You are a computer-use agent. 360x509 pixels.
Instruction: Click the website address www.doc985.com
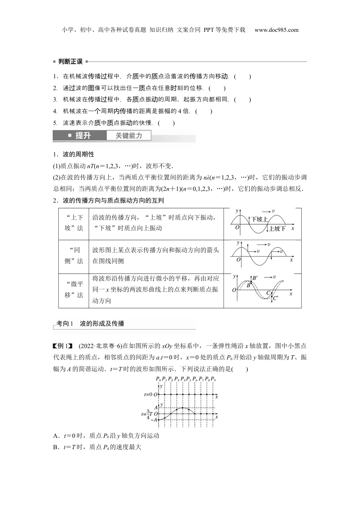[x=276, y=30]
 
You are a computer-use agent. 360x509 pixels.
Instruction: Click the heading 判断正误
[x=70, y=61]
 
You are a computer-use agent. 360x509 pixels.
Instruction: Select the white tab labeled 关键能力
[x=128, y=136]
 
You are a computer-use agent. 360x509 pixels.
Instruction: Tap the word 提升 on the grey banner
[x=83, y=136]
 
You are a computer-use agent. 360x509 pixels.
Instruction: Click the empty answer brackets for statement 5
[x=166, y=123]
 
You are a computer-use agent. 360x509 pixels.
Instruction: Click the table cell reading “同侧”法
[x=74, y=256]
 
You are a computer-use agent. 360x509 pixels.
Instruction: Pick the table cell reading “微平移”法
[x=74, y=290]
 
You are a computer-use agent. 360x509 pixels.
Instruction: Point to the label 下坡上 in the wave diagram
[x=260, y=219]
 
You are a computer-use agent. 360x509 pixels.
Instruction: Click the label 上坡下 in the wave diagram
[x=277, y=228]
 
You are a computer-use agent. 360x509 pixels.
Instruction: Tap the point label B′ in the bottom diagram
[x=255, y=278]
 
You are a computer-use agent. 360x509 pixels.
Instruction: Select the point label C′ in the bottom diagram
[x=275, y=298]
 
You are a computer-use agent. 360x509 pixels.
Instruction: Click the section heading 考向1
[x=64, y=323]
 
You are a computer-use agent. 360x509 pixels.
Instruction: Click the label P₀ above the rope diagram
[x=158, y=379]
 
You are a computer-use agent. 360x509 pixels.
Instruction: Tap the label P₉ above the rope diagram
[x=213, y=379]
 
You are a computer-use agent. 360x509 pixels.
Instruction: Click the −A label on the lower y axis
[x=154, y=420]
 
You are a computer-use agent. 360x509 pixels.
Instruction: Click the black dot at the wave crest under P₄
[x=183, y=408]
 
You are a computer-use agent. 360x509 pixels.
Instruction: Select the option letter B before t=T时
[x=56, y=447]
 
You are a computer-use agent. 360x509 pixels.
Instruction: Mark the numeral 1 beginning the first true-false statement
[x=55, y=77]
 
